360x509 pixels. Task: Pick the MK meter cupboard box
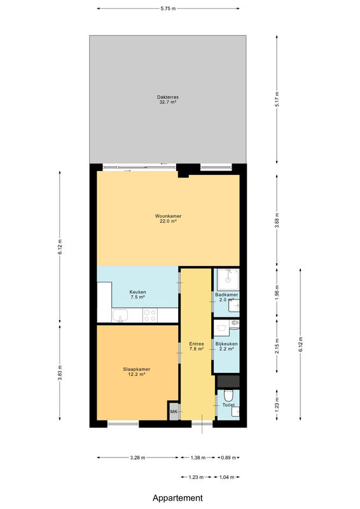pos(174,412)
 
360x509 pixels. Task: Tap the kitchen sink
pos(120,316)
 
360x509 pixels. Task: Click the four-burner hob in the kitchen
pos(150,316)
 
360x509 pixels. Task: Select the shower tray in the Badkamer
pos(228,279)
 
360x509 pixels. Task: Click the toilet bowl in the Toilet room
pos(228,396)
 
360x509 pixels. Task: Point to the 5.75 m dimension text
pos(168,9)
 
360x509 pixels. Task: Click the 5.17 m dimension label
pos(277,99)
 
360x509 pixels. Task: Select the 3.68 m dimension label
pos(277,220)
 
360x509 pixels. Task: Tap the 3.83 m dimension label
pos(60,373)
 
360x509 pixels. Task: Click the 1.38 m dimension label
pos(198,457)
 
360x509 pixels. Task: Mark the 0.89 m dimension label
pos(228,457)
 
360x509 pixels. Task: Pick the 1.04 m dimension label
pos(227,477)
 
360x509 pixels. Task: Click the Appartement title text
pos(178,498)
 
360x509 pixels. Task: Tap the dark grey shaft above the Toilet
pos(228,381)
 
